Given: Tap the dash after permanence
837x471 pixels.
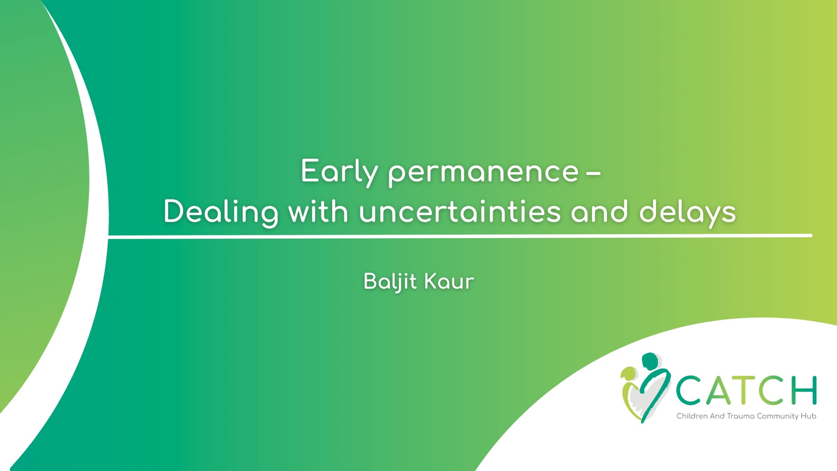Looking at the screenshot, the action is point(593,174).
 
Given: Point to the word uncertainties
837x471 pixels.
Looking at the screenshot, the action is point(460,212).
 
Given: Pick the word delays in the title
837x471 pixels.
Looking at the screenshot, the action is point(687,213).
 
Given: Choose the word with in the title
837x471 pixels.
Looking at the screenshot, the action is point(318,212).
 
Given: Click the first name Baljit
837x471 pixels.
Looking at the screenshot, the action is point(390,282).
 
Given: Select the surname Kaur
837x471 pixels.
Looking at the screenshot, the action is point(449,281).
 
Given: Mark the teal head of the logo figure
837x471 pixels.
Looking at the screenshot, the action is point(650,361).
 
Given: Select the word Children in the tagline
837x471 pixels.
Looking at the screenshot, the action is point(692,416).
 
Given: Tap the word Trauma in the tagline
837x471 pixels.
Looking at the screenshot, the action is point(740,416).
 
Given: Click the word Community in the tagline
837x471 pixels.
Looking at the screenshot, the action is point(778,416).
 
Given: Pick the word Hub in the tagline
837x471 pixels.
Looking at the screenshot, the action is point(808,416).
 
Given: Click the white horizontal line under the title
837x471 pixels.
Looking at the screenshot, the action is point(460,236).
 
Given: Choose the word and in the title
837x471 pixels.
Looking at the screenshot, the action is point(600,212).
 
